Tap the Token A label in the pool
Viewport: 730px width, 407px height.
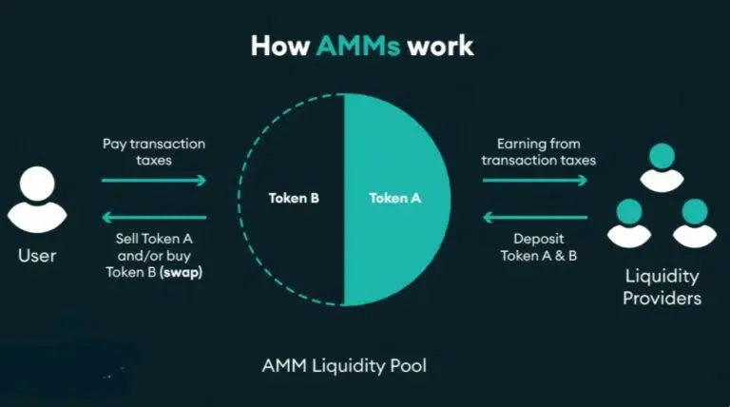tap(394, 200)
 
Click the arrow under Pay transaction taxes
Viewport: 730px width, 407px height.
tap(154, 180)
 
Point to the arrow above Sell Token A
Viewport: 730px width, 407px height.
tap(154, 217)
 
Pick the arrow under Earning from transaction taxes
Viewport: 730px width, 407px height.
tap(538, 180)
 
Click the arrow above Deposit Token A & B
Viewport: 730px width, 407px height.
tap(538, 217)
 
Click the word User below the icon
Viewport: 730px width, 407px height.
tap(37, 255)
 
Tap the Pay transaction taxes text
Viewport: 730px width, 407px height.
tap(154, 152)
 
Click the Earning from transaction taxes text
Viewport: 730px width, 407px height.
tap(538, 152)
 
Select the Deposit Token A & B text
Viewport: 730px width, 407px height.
tap(538, 247)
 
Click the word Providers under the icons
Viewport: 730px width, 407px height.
tap(663, 299)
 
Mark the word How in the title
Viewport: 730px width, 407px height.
tap(280, 46)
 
